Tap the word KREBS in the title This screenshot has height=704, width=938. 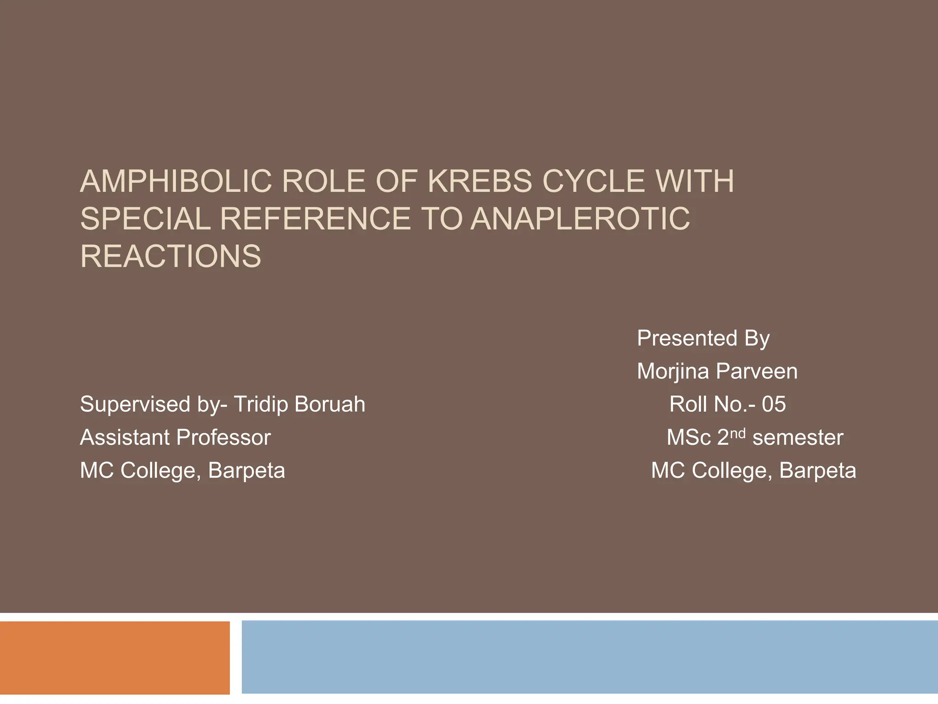click(480, 181)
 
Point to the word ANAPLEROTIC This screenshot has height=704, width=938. click(580, 219)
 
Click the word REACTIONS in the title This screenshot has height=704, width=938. click(170, 256)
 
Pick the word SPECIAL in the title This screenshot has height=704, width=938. click(145, 219)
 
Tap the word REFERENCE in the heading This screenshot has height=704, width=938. click(315, 219)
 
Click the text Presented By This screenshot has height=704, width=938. click(703, 339)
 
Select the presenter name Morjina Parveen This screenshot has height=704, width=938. click(717, 371)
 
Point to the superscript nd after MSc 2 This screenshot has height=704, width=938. click(737, 433)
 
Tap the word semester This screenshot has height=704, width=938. click(798, 438)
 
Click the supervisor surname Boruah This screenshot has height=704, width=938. click(330, 404)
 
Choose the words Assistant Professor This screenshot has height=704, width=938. click(175, 438)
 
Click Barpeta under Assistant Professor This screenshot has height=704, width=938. click(246, 471)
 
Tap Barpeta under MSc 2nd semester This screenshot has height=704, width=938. click(818, 471)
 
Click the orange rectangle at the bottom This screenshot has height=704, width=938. click(115, 657)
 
